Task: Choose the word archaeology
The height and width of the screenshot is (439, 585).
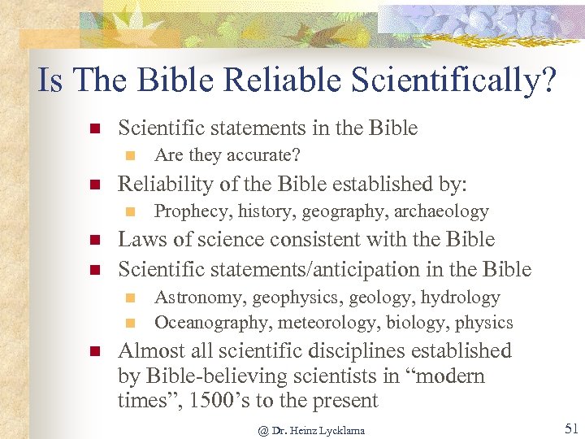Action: coord(442,212)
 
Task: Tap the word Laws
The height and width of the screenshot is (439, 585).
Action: coord(140,240)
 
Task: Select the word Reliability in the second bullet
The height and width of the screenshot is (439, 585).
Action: coord(162,184)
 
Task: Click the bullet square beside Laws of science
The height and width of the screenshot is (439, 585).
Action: coord(93,241)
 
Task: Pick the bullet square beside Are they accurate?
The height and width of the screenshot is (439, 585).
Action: coord(130,154)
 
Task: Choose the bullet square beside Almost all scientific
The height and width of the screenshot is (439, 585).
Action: coord(93,352)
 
